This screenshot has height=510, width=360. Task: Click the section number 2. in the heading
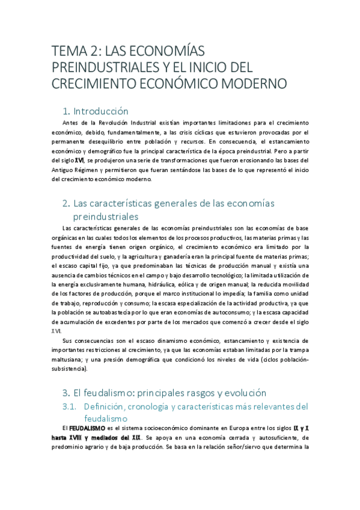coord(67,203)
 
